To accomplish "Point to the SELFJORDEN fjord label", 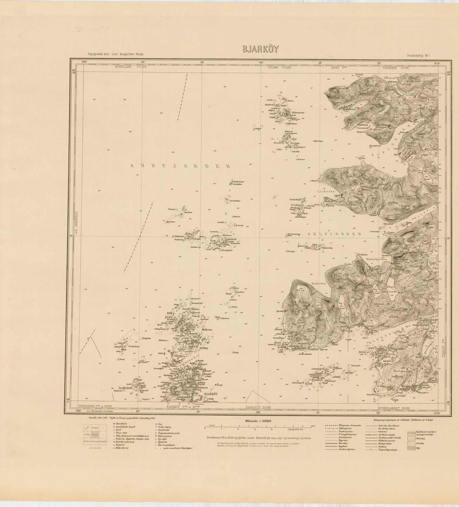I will pos(334,234).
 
